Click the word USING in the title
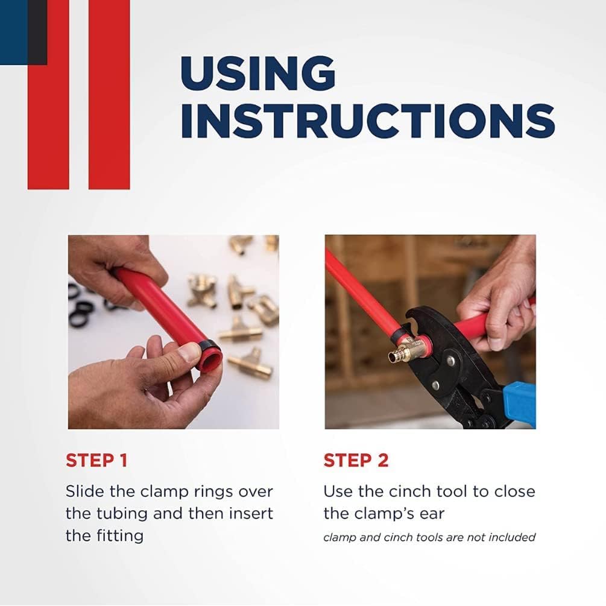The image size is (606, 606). pyautogui.click(x=258, y=74)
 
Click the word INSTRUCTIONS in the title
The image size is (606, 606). pyautogui.click(x=368, y=121)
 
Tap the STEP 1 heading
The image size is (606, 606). pyautogui.click(x=96, y=460)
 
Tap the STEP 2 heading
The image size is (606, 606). pyautogui.click(x=356, y=460)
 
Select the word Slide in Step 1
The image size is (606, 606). pyautogui.click(x=85, y=491)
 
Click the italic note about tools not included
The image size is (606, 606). pyautogui.click(x=429, y=538)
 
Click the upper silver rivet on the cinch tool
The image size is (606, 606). pyautogui.click(x=450, y=361)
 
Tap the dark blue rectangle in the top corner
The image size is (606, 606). pyautogui.click(x=14, y=32)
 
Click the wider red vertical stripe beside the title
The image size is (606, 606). pyautogui.click(x=109, y=95)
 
